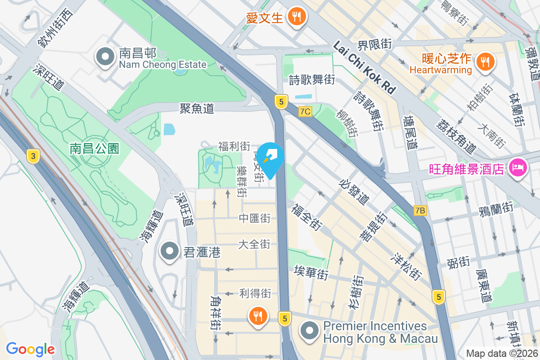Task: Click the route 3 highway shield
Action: pos(32,156)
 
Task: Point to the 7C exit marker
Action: pos(305,111)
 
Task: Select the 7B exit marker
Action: pos(420,210)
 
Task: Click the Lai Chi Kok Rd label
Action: pos(364,67)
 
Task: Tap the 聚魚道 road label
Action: pos(197,108)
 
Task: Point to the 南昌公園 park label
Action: pos(94,148)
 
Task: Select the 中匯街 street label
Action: pos(255,218)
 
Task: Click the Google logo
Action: pos(30,349)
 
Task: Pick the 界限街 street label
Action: pos(374,44)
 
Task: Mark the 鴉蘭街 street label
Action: pos(496,208)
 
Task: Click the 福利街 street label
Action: pos(234,146)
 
